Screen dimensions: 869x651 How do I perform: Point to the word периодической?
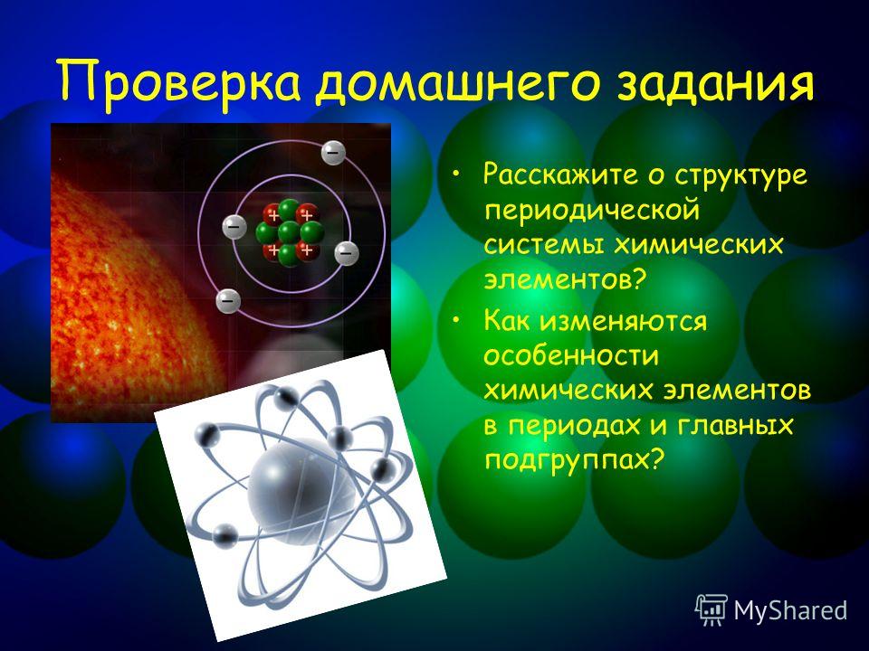point(592,212)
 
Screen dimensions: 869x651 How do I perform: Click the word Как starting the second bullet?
point(507,320)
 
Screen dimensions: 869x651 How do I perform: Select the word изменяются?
point(624,321)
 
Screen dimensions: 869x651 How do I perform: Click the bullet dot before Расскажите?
point(455,175)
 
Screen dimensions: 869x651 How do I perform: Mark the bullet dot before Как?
point(455,320)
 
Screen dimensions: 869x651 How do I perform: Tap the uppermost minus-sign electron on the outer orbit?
point(333,152)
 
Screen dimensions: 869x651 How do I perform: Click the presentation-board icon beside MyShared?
point(711,610)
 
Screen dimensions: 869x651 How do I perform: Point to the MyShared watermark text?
point(791,610)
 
